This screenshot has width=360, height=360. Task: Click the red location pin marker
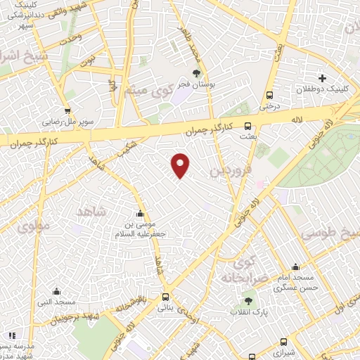click(x=181, y=165)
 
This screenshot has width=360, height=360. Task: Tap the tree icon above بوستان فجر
click(x=197, y=72)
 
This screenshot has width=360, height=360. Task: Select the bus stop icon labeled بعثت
click(x=247, y=127)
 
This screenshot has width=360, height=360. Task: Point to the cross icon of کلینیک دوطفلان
click(x=322, y=78)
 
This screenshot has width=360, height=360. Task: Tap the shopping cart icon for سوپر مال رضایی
click(x=67, y=110)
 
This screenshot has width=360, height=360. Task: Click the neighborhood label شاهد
click(x=90, y=212)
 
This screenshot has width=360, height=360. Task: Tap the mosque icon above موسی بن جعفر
click(x=141, y=214)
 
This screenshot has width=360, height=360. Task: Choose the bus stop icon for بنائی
click(x=165, y=297)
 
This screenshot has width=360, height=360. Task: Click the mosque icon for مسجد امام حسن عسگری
click(x=295, y=267)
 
